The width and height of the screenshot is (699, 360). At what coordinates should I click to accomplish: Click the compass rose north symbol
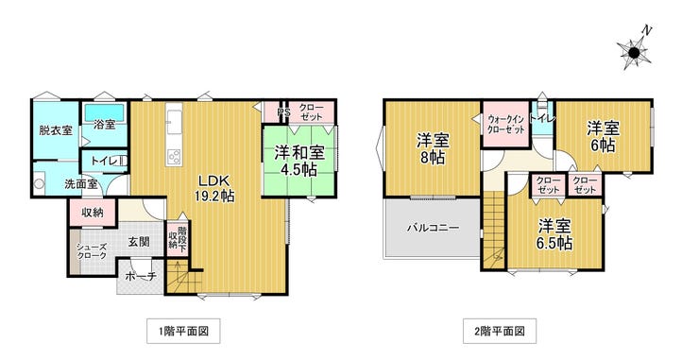coord(635,51)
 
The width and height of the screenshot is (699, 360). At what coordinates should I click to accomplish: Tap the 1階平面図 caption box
coord(183,331)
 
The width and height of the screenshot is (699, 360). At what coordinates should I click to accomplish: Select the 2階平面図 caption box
coord(500,331)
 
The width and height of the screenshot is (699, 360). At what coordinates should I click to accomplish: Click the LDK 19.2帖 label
coord(213,188)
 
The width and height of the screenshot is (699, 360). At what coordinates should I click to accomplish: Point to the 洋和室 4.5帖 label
coord(298,161)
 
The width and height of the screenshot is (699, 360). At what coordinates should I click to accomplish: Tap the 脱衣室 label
coord(56,130)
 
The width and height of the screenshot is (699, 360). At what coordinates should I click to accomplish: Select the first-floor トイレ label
coord(104,161)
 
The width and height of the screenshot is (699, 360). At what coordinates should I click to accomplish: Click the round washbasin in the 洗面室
coord(40,184)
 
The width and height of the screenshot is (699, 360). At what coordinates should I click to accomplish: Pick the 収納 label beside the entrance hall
coord(93,213)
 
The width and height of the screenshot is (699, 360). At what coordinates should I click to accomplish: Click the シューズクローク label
coord(92,251)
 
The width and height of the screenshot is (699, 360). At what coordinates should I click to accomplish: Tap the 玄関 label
coord(139,242)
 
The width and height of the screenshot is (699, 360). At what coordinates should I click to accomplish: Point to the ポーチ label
coord(141,277)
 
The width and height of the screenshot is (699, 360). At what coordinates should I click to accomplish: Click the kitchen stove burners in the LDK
coord(174,157)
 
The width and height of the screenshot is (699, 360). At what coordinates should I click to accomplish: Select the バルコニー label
coord(433,228)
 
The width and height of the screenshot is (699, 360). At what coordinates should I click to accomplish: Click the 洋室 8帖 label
coord(433,149)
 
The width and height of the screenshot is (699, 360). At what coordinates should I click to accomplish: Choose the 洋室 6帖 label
coord(603,137)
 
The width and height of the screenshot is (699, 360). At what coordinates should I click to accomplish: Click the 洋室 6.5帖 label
coord(554,234)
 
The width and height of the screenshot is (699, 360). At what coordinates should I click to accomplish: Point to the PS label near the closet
coord(283,112)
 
